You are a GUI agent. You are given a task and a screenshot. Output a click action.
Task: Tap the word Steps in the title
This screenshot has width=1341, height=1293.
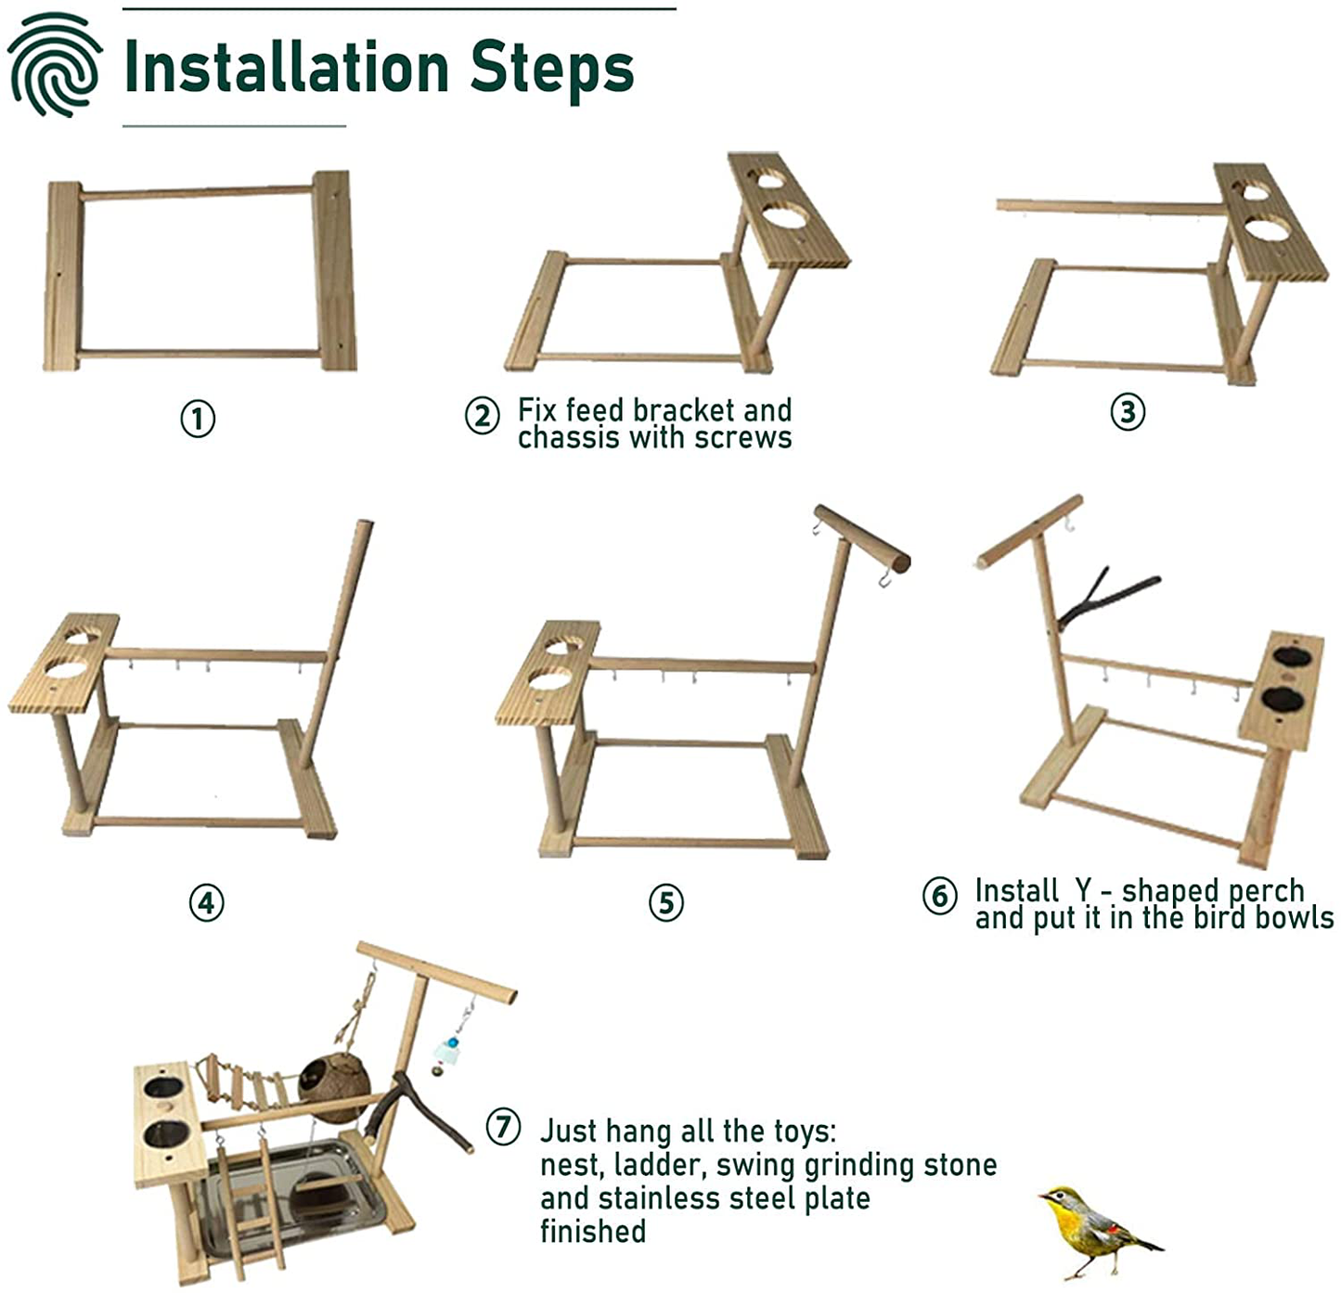(x=551, y=67)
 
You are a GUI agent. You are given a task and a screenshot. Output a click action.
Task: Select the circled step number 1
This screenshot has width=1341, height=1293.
(x=198, y=419)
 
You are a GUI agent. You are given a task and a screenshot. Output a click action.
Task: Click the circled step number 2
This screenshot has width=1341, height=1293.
(x=482, y=415)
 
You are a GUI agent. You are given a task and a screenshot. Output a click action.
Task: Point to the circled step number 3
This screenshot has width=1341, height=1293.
(x=1128, y=411)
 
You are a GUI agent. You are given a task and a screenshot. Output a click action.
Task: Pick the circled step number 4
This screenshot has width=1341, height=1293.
(x=206, y=902)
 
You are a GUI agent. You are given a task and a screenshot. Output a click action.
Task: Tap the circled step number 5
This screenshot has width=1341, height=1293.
(x=665, y=902)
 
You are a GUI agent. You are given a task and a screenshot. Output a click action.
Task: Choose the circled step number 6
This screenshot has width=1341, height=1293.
(x=939, y=896)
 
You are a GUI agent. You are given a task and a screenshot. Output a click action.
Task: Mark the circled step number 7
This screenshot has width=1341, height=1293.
(x=503, y=1127)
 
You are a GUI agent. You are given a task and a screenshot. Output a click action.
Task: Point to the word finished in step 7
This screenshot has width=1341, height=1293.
(x=593, y=1232)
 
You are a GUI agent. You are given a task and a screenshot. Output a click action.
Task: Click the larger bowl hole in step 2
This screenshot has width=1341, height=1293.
(x=785, y=218)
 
